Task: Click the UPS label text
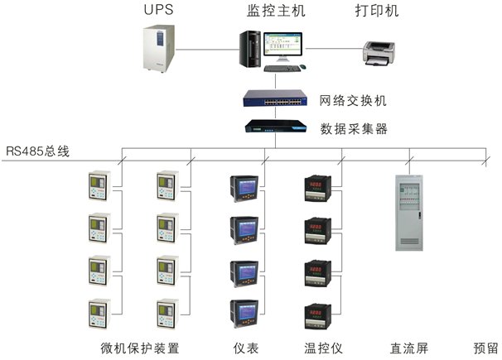click(x=160, y=11)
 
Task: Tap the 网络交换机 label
click(x=353, y=101)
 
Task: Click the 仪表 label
click(x=247, y=347)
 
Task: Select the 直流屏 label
click(x=408, y=347)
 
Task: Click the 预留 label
click(x=485, y=347)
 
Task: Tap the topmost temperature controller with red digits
click(x=318, y=189)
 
